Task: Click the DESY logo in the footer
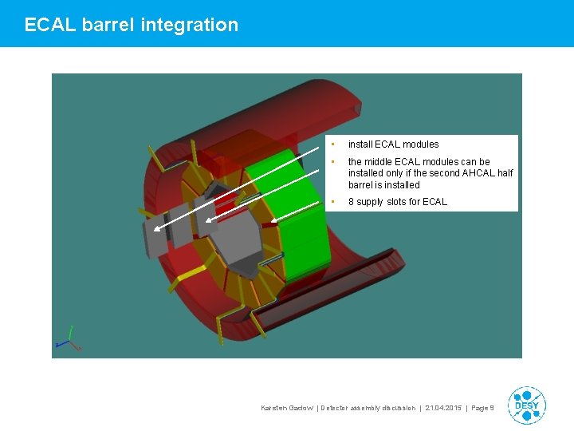pyautogui.click(x=526, y=405)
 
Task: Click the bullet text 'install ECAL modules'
pyautogui.click(x=393, y=144)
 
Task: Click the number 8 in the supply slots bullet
pyautogui.click(x=351, y=202)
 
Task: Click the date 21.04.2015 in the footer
pyautogui.click(x=442, y=408)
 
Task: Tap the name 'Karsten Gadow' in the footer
pyautogui.click(x=287, y=408)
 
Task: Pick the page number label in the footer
pyautogui.click(x=483, y=408)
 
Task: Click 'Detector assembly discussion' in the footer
pyautogui.click(x=368, y=408)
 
